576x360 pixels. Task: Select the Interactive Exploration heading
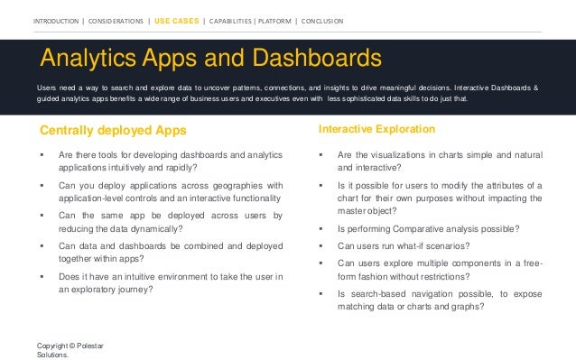[376, 130]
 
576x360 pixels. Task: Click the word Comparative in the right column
[421, 229]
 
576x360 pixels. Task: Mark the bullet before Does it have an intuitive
[42, 276]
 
